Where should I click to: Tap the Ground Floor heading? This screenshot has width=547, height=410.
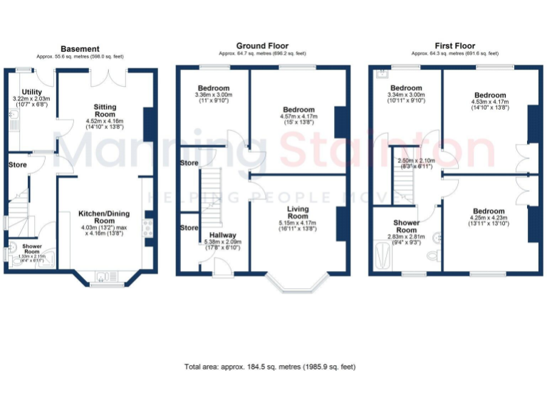click(262, 45)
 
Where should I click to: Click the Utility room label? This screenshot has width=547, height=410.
click(31, 91)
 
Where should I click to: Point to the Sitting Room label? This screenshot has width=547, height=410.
click(105, 110)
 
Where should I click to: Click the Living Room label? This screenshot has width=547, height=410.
click(298, 212)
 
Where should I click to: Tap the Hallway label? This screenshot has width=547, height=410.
click(223, 235)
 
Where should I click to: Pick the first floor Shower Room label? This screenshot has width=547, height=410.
click(406, 226)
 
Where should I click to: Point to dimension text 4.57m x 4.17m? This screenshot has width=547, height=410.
click(298, 115)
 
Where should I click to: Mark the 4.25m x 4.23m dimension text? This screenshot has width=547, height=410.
click(487, 218)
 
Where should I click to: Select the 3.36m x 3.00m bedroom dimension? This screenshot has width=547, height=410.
click(213, 95)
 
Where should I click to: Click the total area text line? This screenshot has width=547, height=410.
click(270, 367)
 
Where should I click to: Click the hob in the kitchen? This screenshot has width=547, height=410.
click(148, 228)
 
